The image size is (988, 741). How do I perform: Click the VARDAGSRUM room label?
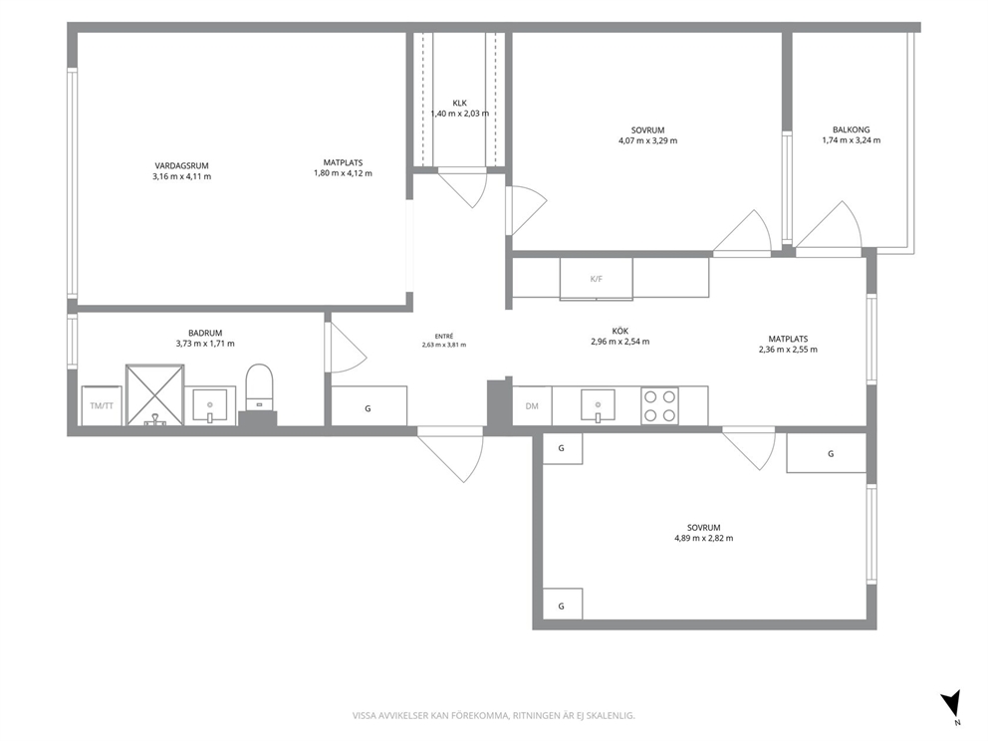(181, 165)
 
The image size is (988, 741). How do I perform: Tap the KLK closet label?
(460, 103)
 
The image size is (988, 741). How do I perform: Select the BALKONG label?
(851, 129)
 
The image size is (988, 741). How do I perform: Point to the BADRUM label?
(205, 333)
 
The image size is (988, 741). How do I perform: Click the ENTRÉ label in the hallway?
(444, 337)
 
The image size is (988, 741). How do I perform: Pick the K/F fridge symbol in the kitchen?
(596, 279)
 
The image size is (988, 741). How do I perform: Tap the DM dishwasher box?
(532, 405)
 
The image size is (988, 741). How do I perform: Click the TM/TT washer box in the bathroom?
(102, 405)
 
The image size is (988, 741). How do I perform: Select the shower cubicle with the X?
(155, 395)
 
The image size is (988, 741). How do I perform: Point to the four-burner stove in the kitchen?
(659, 405)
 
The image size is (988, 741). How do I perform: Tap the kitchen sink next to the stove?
(598, 405)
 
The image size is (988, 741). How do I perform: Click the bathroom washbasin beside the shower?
(210, 405)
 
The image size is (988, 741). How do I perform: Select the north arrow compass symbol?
(951, 704)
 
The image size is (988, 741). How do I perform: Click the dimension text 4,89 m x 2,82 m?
(704, 538)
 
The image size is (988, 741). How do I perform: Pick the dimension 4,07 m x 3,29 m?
(647, 140)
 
